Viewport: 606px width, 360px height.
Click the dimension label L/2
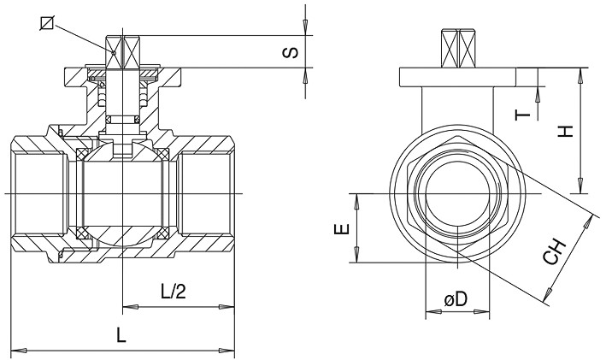(x=174, y=292)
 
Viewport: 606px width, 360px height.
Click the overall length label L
(x=122, y=336)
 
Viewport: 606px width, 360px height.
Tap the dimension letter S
(x=291, y=53)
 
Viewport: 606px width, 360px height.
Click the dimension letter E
(x=341, y=228)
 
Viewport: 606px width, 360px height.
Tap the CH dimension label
(x=556, y=253)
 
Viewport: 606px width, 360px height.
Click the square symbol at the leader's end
(x=47, y=23)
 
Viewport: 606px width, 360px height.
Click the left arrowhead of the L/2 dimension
(x=127, y=305)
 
